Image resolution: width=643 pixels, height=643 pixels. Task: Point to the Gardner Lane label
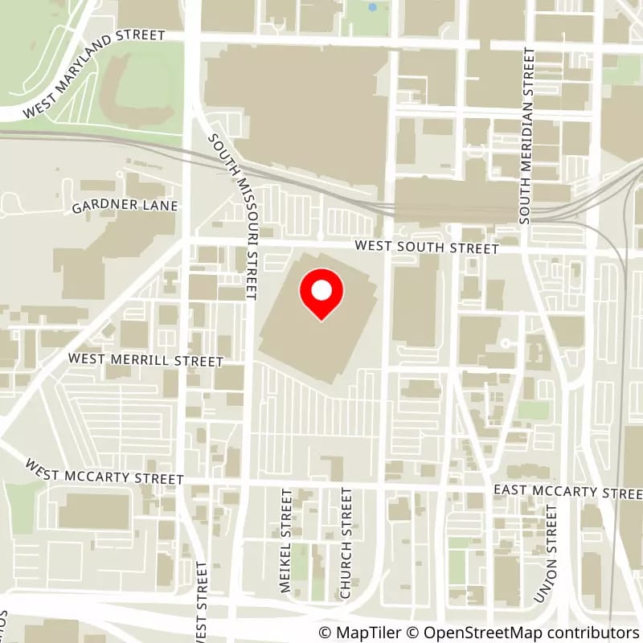[x=125, y=207]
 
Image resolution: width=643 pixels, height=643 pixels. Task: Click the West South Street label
[x=427, y=248]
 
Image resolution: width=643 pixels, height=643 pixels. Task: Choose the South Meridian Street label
[x=526, y=135]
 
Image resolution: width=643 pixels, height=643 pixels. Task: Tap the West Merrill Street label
[x=145, y=359]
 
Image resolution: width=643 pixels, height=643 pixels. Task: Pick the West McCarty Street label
[x=104, y=472]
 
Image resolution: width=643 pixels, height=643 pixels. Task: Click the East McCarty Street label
[x=567, y=491]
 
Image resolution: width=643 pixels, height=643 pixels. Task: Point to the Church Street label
[x=346, y=544]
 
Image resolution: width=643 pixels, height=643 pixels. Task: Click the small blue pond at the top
[x=371, y=7]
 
